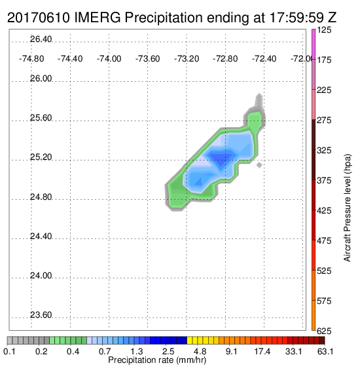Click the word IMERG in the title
coord(98,17)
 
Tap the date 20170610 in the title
coord(39,17)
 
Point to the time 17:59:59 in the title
coord(297,17)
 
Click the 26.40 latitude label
coord(41,39)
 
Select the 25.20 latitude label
coord(41,157)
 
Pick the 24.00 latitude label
coord(41,276)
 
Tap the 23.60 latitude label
coord(41,315)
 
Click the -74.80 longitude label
coord(31,59)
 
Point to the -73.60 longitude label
coord(147,59)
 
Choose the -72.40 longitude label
coord(264,59)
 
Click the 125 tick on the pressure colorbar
coord(324,30)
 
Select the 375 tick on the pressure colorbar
coord(324,181)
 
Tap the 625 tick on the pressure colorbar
coord(324,331)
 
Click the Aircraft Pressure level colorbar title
coord(348,208)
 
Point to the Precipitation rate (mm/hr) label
coord(157,360)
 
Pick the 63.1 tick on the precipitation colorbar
coord(325,351)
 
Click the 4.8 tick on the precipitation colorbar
coord(200,351)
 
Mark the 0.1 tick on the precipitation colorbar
coord(10,351)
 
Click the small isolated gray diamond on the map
coord(259,165)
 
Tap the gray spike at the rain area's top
coord(259,100)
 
